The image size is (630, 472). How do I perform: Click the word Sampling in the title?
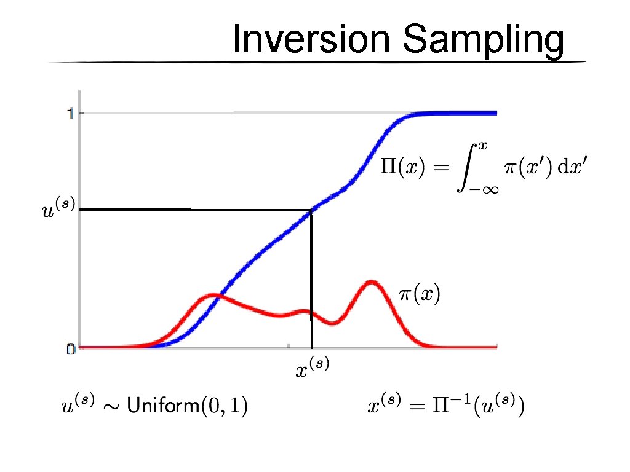[482, 41]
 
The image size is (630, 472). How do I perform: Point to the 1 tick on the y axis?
[71, 113]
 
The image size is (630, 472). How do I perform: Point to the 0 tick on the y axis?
[71, 348]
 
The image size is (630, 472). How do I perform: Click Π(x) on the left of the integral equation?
[401, 168]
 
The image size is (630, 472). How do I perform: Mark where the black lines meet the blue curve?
[312, 211]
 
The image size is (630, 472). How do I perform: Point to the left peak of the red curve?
[212, 295]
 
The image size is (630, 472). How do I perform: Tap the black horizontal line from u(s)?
[185, 210]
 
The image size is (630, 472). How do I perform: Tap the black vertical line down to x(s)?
[312, 277]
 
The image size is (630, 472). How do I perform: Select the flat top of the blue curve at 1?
[455, 113]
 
